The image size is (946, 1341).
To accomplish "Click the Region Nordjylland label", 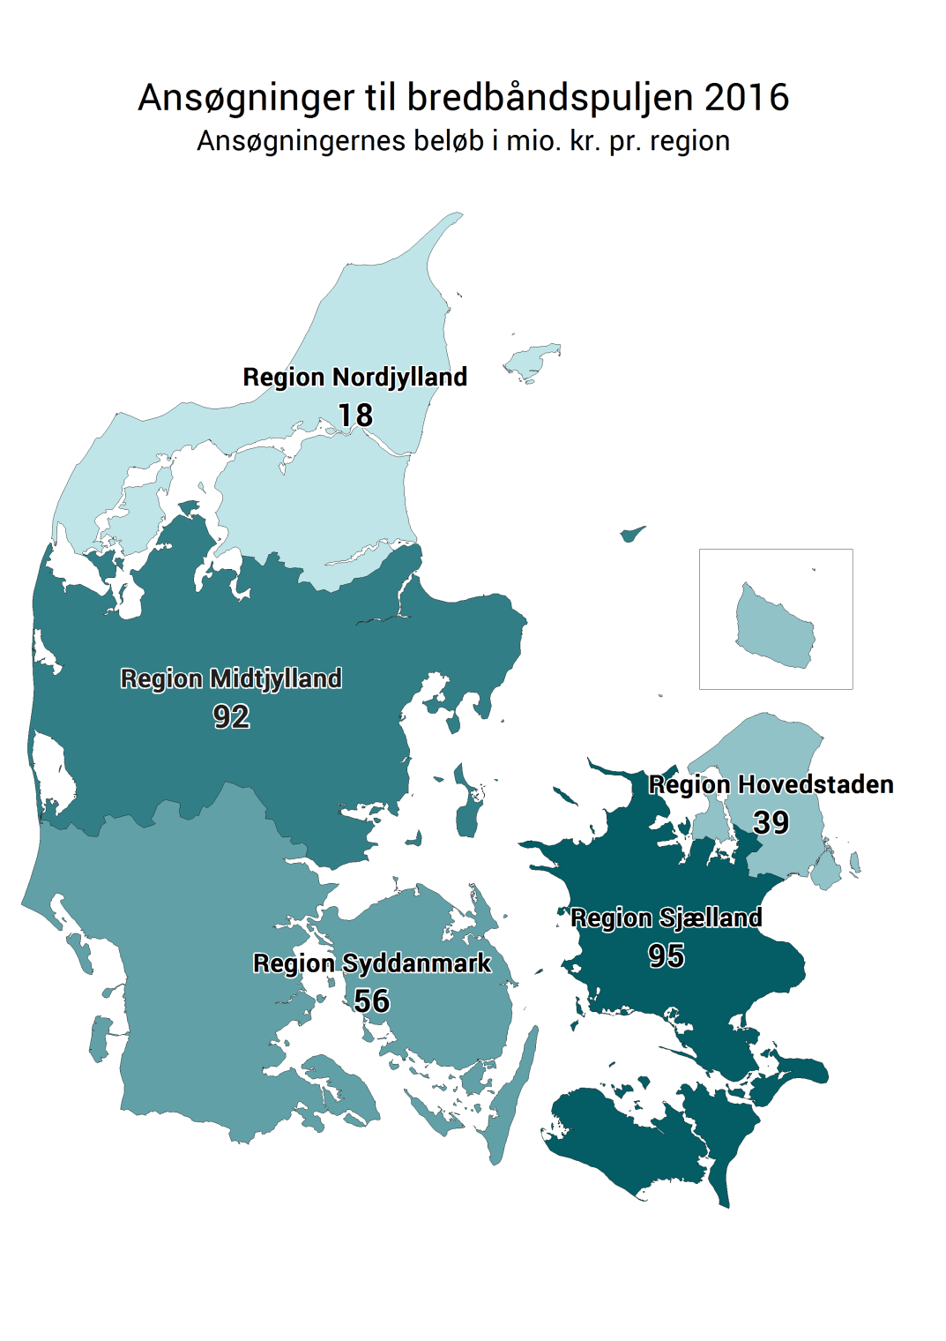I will point(354,378).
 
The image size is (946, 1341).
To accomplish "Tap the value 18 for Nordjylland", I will point(355,415).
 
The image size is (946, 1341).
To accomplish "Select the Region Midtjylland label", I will point(231,678).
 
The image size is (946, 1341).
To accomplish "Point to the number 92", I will point(231,716).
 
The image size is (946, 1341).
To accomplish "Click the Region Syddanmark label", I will point(371,963).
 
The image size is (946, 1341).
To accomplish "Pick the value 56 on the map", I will point(371,1000).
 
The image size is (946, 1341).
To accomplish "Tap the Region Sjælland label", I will point(666,918).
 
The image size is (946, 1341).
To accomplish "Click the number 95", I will point(666,955).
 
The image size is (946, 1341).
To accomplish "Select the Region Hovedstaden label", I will point(771,784).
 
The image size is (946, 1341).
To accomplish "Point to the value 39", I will point(771,822).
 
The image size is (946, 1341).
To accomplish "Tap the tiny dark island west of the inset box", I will point(631,533).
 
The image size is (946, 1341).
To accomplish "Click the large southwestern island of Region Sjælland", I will point(617,1138).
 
